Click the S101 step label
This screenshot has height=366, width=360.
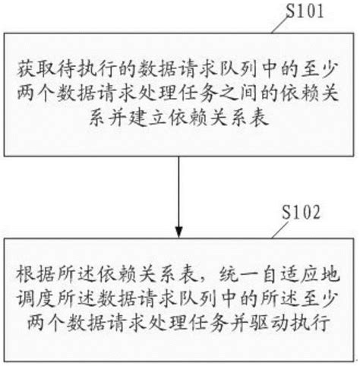(305, 12)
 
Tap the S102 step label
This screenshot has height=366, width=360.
(305, 210)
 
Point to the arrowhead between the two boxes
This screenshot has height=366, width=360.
(178, 227)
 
